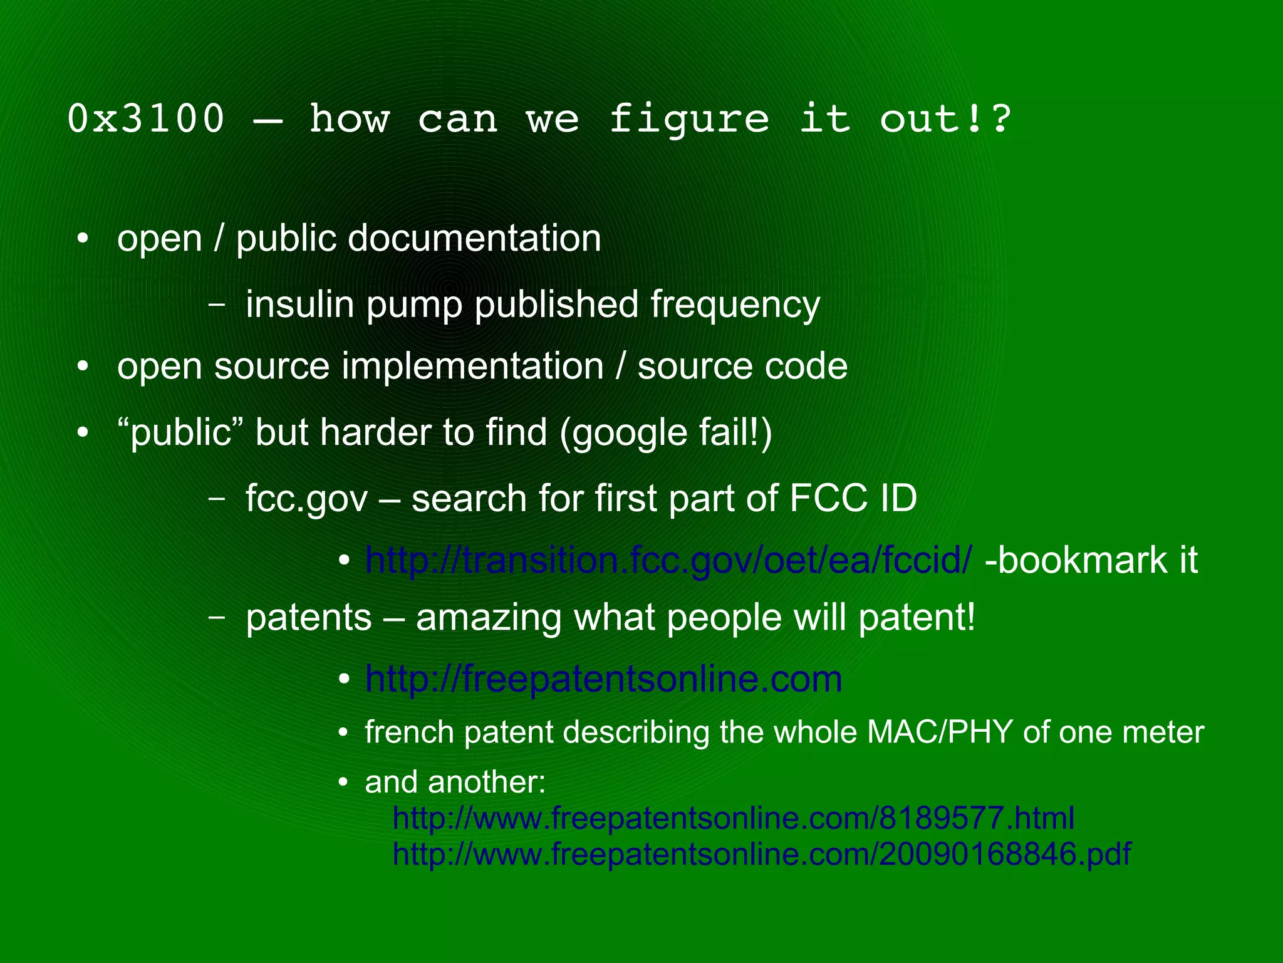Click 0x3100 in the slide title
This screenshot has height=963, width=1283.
[145, 118]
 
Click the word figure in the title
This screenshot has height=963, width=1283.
[688, 118]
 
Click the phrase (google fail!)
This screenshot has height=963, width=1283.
[666, 432]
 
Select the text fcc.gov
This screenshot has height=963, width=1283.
[306, 499]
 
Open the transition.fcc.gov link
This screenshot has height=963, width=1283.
[668, 560]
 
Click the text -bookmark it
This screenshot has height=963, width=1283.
[1091, 560]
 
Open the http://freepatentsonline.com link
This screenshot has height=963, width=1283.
[603, 679]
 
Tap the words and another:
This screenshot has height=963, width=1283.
[455, 782]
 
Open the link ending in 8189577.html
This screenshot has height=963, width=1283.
[733, 818]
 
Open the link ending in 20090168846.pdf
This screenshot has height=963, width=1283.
[761, 854]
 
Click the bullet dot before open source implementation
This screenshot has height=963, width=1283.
[83, 367]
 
